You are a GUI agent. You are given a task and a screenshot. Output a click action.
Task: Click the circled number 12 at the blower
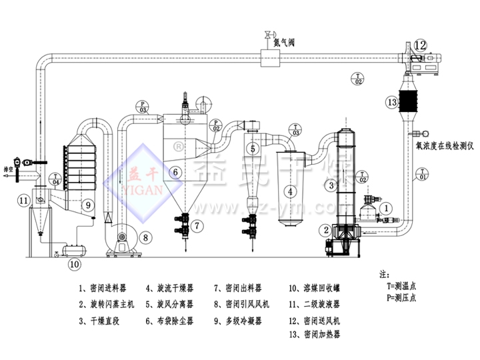click(x=420, y=45)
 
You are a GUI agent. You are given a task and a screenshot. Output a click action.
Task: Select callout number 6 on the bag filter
click(x=175, y=173)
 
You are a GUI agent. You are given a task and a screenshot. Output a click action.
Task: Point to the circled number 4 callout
click(x=290, y=191)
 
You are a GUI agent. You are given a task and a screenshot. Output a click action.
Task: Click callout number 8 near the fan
click(x=146, y=236)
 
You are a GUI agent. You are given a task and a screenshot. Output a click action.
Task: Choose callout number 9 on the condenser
click(x=87, y=206)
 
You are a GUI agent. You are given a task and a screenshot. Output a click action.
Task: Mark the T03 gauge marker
click(x=295, y=131)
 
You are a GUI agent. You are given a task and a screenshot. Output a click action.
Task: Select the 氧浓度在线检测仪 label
click(x=443, y=144)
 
